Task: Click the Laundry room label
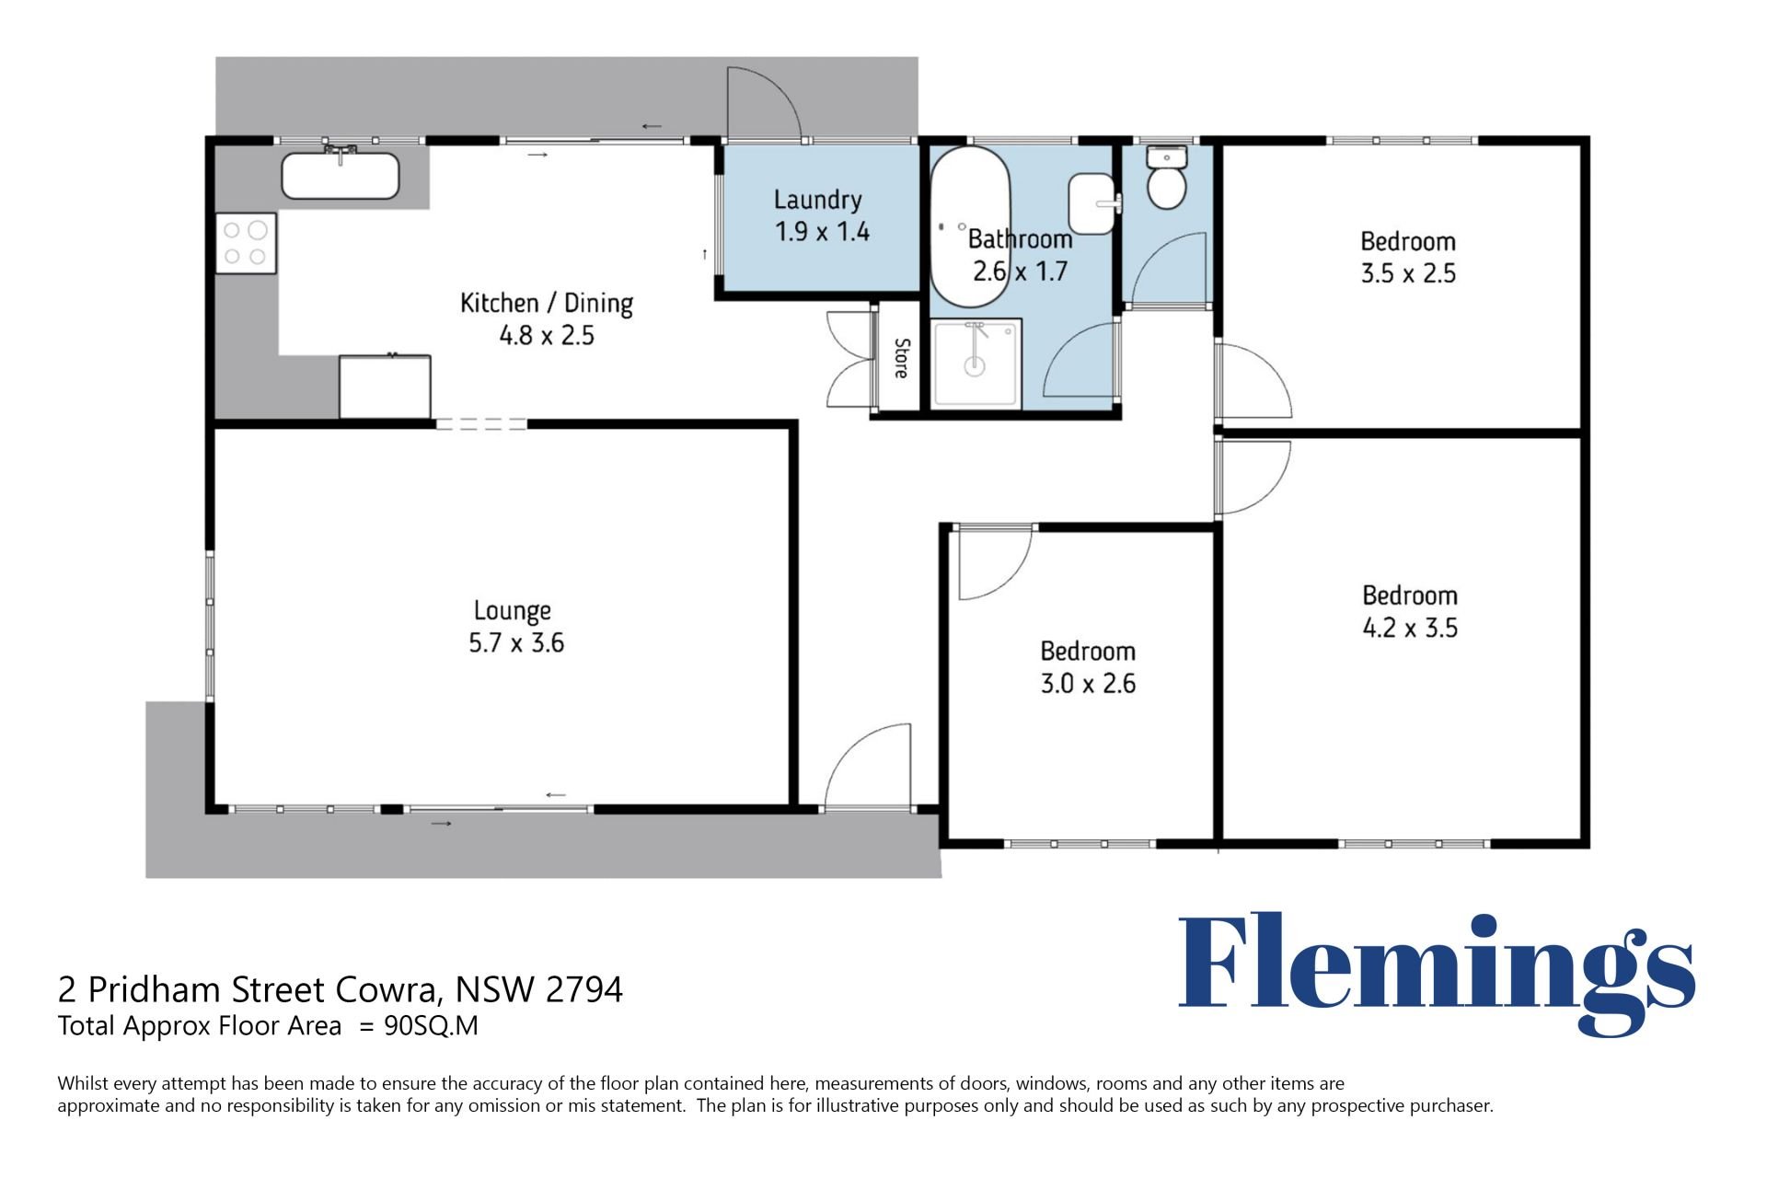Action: [817, 200]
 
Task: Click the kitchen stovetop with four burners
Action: [246, 243]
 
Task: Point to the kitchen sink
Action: [341, 174]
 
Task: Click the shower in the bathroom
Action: [976, 363]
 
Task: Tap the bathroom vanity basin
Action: [1092, 203]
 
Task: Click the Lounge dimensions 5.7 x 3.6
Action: [516, 642]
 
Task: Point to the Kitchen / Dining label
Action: [547, 303]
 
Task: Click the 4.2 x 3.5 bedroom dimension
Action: [1410, 628]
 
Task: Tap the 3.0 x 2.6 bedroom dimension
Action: [1088, 684]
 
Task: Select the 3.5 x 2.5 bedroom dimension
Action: [1408, 273]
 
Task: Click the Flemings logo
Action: [1437, 973]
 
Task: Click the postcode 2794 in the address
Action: [584, 989]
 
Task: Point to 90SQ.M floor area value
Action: [431, 1025]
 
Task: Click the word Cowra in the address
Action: [386, 990]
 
